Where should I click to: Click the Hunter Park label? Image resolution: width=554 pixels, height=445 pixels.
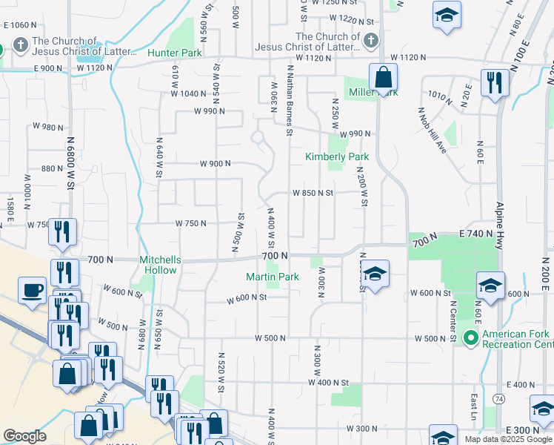coord(175,53)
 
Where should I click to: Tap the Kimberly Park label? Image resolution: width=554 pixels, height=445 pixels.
coord(337,157)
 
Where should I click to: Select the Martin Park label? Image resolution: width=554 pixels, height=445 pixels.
coord(273,277)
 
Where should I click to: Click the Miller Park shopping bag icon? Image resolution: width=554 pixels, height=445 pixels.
coord(383,78)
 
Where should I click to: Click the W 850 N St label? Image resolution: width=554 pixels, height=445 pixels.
coord(313,193)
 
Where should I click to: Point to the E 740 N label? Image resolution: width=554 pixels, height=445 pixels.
coord(475,234)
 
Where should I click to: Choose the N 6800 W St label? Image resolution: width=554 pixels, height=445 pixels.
coord(72,156)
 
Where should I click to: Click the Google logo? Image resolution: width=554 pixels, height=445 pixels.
coord(24,436)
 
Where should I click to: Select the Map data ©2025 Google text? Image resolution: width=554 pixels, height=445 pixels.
coord(508,439)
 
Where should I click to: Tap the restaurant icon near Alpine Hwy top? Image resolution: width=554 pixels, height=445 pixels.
coord(494,84)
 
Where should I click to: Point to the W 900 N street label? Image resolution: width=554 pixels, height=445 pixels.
coord(215,164)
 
